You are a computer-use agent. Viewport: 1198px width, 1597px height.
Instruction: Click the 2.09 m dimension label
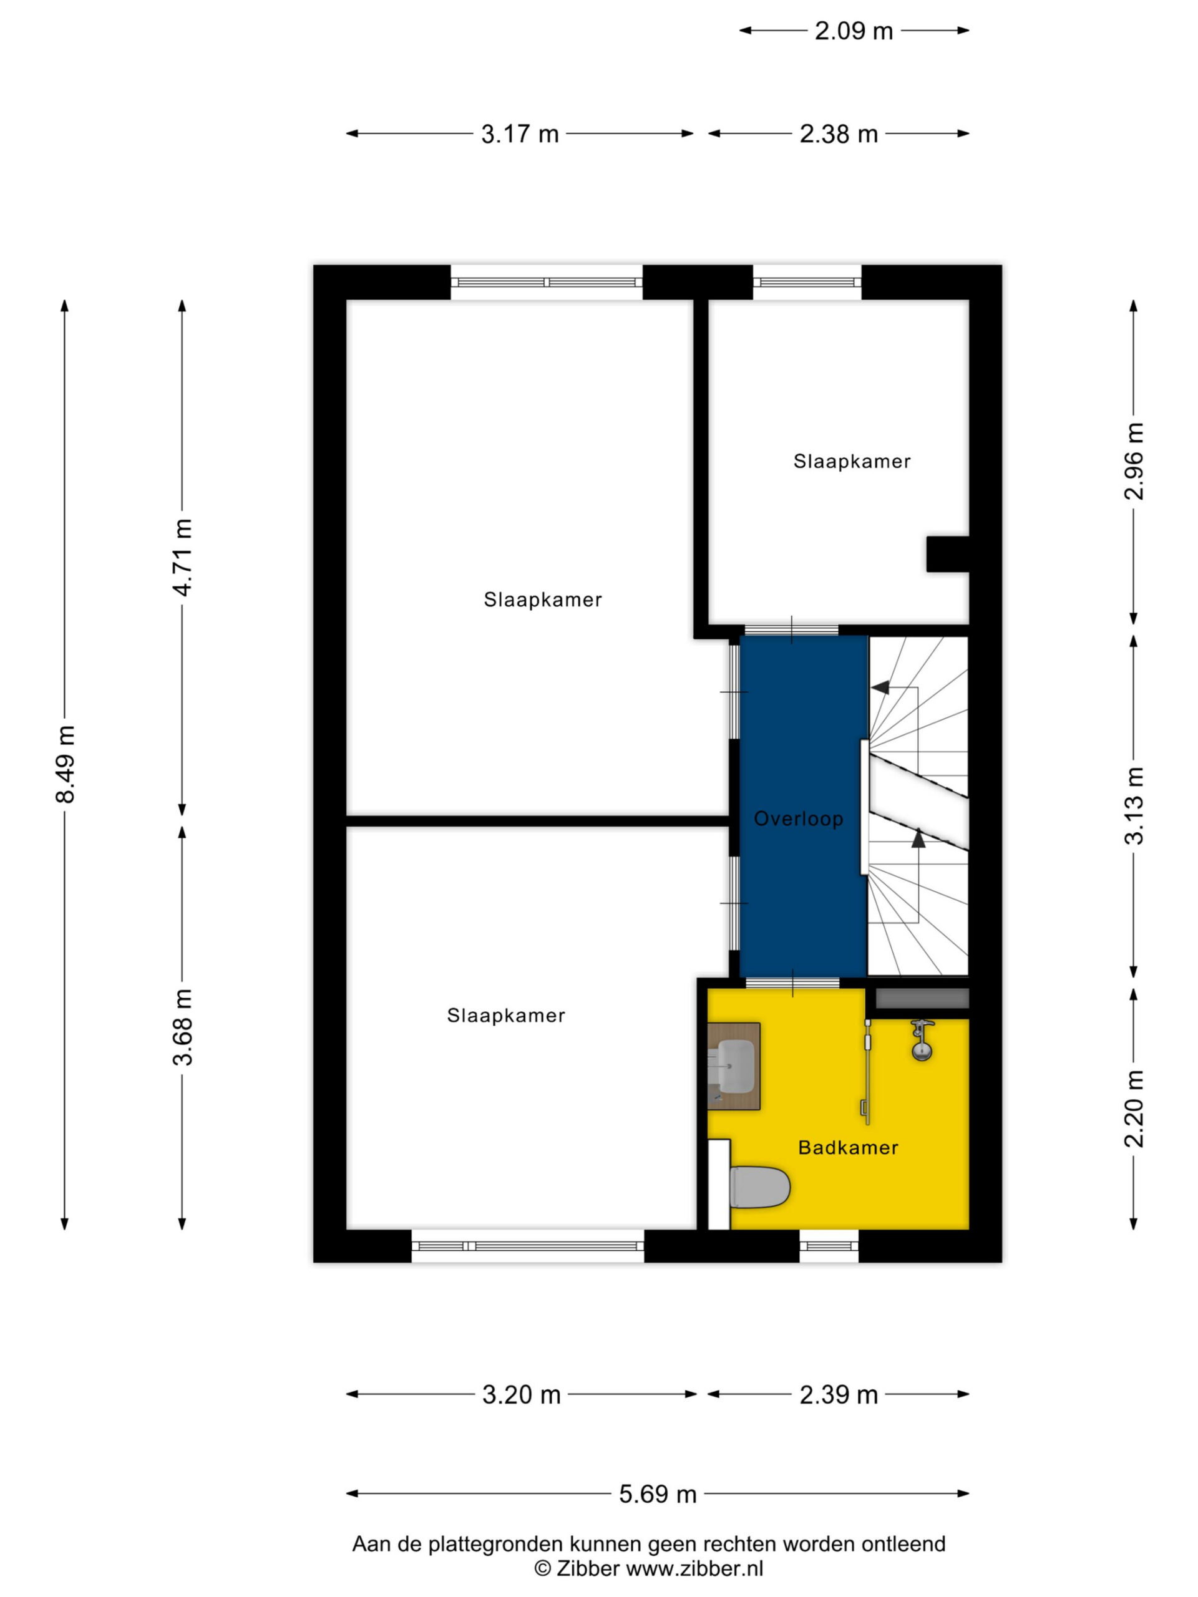tap(854, 31)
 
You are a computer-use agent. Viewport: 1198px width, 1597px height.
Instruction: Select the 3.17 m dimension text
tap(520, 134)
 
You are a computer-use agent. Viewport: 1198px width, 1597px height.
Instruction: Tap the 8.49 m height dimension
tap(66, 765)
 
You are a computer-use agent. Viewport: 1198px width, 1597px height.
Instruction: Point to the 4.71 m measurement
tap(183, 557)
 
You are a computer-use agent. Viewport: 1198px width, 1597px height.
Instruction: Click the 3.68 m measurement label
tap(183, 1027)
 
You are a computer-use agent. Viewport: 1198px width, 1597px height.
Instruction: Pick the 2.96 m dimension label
tap(1134, 462)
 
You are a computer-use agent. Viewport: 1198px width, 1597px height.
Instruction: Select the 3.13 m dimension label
tap(1134, 806)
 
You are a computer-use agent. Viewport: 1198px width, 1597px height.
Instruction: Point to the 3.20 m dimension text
tap(522, 1395)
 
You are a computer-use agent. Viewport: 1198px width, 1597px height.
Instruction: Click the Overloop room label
tap(798, 818)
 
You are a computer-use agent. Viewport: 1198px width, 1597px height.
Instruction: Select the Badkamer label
tap(848, 1147)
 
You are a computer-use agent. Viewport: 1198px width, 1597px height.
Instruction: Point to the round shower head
tap(922, 1051)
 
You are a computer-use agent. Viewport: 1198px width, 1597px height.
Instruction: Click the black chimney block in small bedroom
tap(947, 554)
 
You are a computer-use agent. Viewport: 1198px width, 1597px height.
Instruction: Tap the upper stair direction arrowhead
tap(880, 687)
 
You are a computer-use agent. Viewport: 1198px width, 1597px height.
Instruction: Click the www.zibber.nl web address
tap(694, 1569)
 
